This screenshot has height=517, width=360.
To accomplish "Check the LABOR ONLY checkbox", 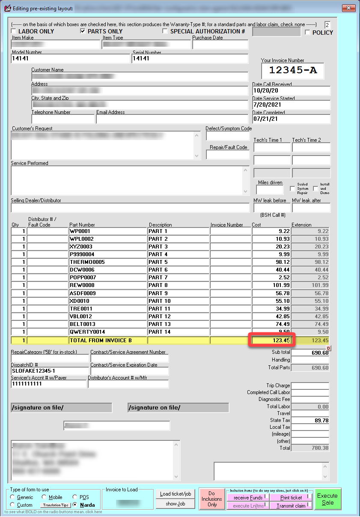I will [x=14, y=31].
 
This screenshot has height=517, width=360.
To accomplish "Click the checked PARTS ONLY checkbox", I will [x=83, y=31].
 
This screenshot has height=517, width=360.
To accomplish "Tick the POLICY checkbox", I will [x=307, y=33].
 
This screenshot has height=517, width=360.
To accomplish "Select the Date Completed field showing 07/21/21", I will [x=291, y=119].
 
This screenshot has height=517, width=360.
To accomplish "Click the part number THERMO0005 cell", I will [x=108, y=262].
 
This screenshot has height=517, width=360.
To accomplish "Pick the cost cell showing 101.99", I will [x=271, y=285].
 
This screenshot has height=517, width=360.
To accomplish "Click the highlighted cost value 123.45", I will [x=271, y=341].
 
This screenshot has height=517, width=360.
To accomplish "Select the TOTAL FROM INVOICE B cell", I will [x=108, y=341].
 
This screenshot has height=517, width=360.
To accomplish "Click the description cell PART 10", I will [x=178, y=301].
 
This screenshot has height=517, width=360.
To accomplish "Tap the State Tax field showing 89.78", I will [x=310, y=421].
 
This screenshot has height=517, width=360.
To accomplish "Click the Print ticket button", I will [x=291, y=498].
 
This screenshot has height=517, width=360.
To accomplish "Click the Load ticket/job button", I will [x=176, y=494].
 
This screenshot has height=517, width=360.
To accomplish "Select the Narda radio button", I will [x=75, y=505].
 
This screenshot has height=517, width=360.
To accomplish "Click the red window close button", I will [x=348, y=8].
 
